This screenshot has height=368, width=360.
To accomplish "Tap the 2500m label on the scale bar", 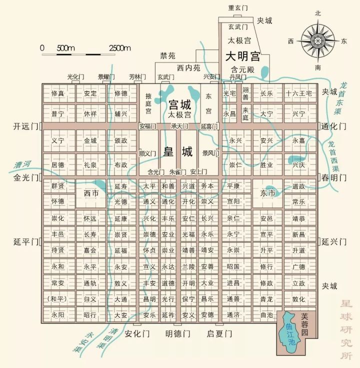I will pyautogui.click(x=119, y=48).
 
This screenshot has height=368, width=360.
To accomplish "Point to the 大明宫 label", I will pyautogui.click(x=243, y=54).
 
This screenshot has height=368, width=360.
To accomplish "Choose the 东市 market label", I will pyautogui.click(x=268, y=193).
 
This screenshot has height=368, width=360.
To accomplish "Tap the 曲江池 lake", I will pyautogui.click(x=289, y=328).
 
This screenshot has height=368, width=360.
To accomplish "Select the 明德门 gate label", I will pyautogui.click(x=178, y=333).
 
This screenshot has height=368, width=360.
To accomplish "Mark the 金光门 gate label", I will pyautogui.click(x=26, y=177).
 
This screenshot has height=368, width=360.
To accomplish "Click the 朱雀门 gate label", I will pyautogui.click(x=178, y=171).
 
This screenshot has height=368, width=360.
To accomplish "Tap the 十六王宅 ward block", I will pyautogui.click(x=298, y=93).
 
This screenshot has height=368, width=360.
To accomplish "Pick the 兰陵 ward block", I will pyautogui.click(x=188, y=267).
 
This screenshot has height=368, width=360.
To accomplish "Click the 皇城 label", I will pyautogui.click(x=179, y=151).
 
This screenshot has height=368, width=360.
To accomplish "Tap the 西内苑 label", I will pyautogui.click(x=188, y=67).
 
